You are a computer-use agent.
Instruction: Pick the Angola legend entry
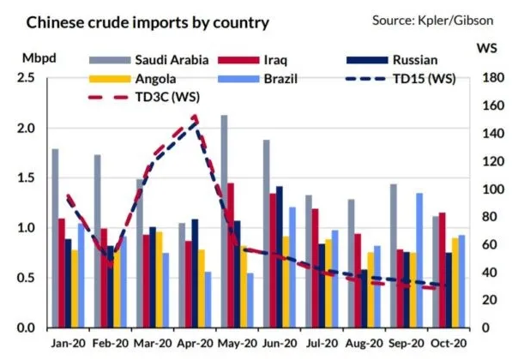tap(129, 78)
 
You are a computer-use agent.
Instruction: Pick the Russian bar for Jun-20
tap(279, 257)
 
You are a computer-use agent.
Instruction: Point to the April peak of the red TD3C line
tap(196, 116)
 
